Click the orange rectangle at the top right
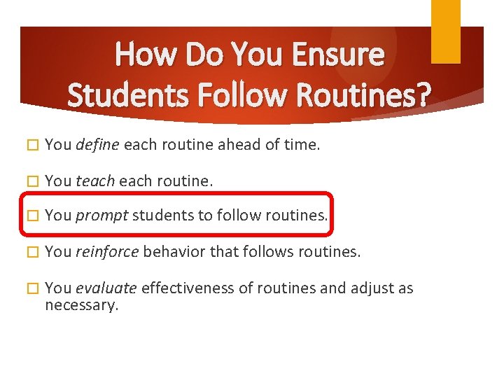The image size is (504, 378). [445, 31]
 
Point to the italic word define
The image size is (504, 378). [98, 145]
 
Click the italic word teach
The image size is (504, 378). [95, 180]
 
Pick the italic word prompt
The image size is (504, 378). [101, 215]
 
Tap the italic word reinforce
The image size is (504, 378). [107, 251]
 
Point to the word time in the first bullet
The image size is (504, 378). [301, 145]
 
